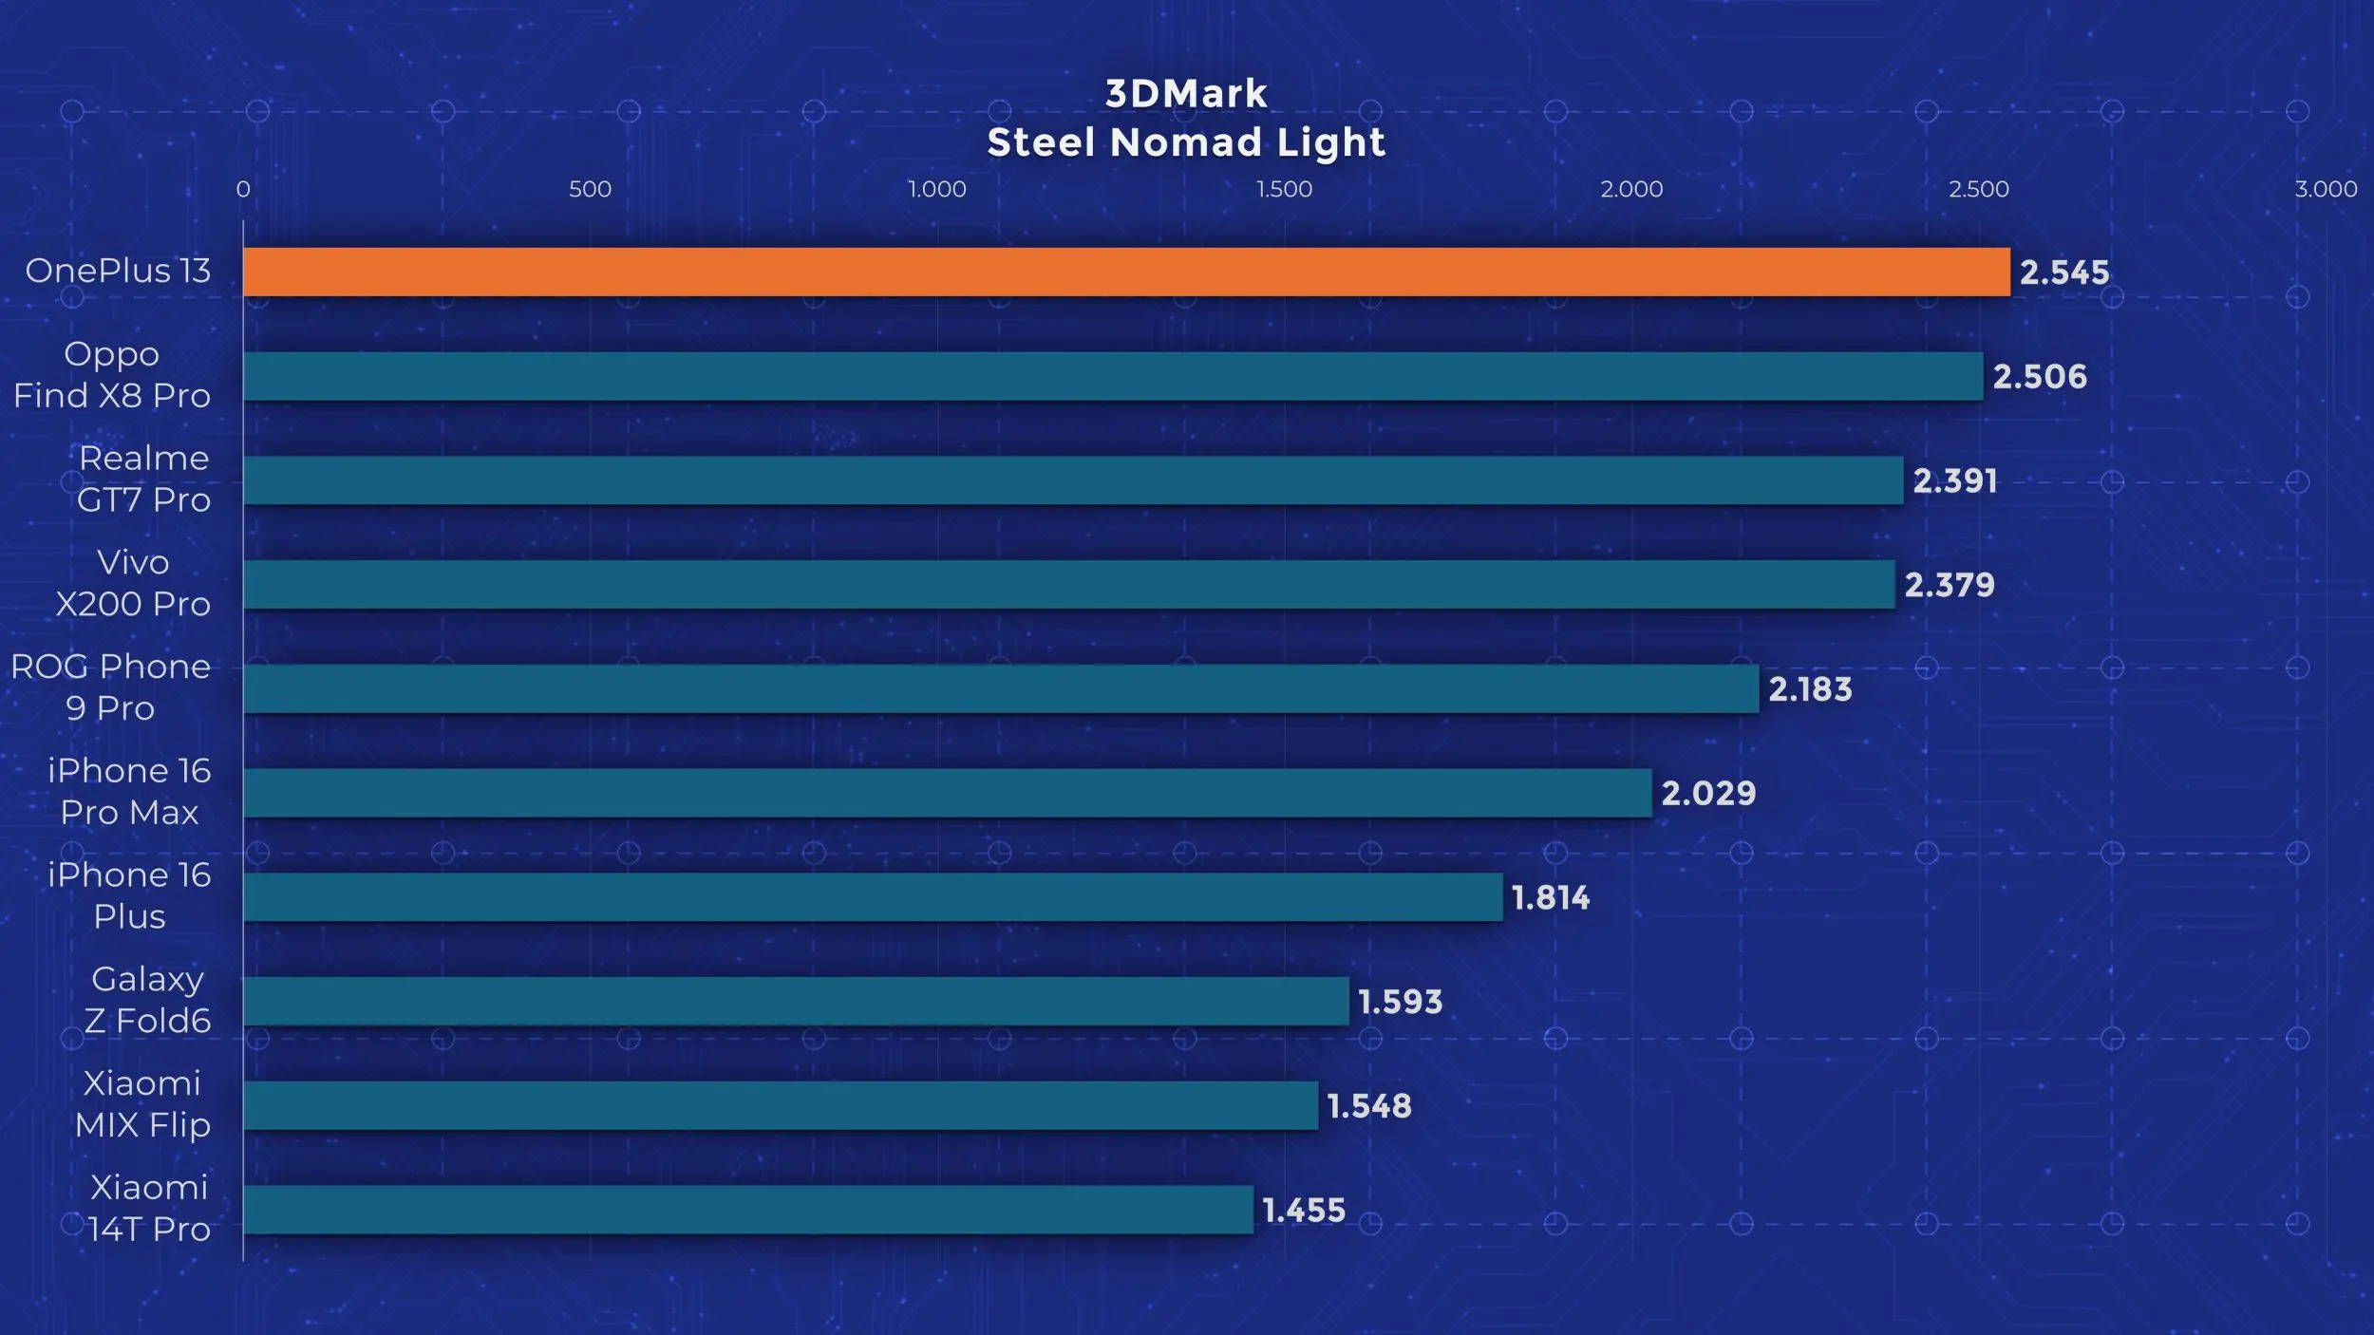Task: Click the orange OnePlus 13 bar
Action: click(x=1126, y=272)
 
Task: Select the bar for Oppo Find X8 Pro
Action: click(x=1113, y=376)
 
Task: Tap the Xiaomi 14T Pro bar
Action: click(x=748, y=1210)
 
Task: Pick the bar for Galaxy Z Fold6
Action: click(x=796, y=1001)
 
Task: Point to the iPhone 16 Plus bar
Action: click(x=873, y=896)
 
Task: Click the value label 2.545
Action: click(x=2064, y=273)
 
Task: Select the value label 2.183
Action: click(x=1810, y=689)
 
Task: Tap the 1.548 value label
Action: click(x=1369, y=1106)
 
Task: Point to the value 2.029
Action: click(x=1708, y=793)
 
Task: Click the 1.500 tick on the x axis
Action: click(x=1284, y=189)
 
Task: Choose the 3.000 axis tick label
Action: click(x=2326, y=189)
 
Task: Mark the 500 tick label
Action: click(x=590, y=189)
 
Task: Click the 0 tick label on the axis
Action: click(x=243, y=189)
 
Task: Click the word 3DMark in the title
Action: click(x=1186, y=93)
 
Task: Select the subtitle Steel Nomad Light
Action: click(x=1186, y=143)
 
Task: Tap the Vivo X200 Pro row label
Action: click(x=133, y=583)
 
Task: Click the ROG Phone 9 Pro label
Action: click(x=110, y=687)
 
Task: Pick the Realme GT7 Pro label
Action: click(x=143, y=479)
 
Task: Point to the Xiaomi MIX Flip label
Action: click(x=142, y=1104)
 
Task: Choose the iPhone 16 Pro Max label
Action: click(x=129, y=791)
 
